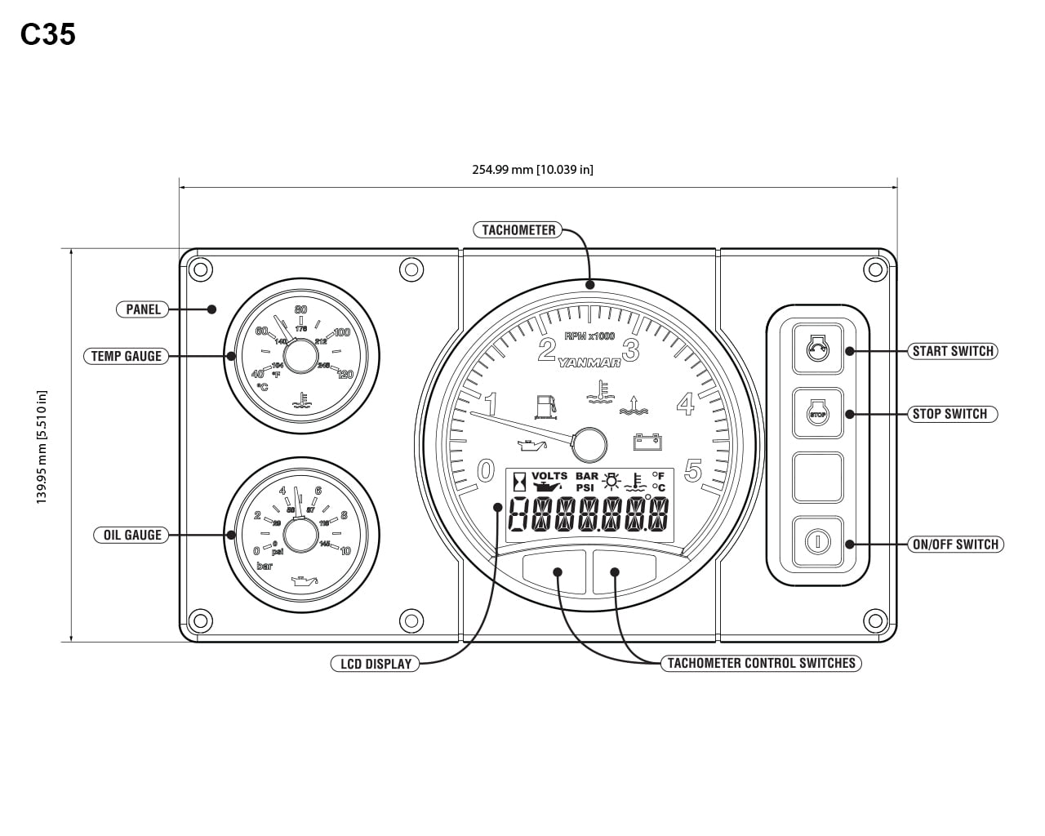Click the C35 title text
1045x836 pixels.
point(48,34)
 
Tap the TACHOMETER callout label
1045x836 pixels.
point(518,230)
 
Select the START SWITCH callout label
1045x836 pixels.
point(953,351)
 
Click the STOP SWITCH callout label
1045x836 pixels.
point(949,414)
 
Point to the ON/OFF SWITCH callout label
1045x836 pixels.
point(955,545)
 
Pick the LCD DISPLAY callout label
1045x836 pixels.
point(376,664)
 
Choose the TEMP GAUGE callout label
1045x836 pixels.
point(126,356)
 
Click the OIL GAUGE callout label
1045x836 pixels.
point(131,536)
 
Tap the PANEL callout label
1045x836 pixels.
point(143,309)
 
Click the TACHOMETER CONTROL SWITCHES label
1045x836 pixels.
point(761,663)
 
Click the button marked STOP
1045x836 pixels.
point(817,414)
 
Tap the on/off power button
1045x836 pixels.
point(817,541)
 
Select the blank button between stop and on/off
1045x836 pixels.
point(817,478)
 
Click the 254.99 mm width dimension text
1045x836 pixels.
point(532,170)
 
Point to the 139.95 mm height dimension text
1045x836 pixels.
point(42,447)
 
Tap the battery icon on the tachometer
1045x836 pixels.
point(647,442)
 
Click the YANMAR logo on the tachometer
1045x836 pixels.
point(589,363)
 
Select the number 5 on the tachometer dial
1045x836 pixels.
point(693,471)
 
